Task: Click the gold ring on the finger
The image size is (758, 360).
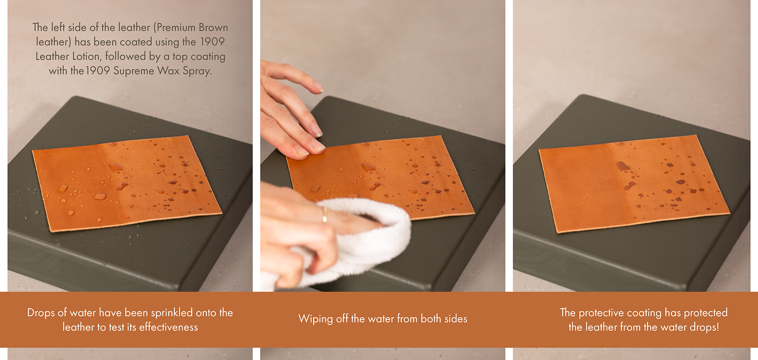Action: (x=325, y=215)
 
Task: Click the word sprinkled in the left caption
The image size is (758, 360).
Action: (x=172, y=313)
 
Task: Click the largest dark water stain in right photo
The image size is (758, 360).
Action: (x=623, y=166)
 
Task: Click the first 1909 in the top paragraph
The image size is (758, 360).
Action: (x=212, y=42)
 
